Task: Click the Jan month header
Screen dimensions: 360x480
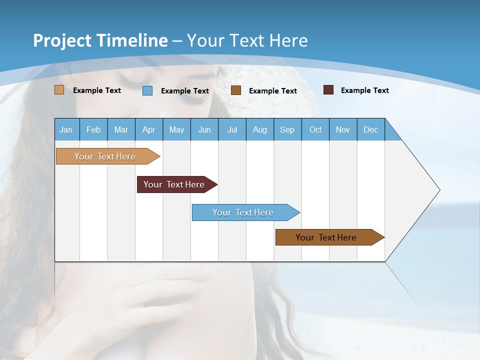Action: point(66,129)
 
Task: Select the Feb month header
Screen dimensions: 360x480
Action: point(93,129)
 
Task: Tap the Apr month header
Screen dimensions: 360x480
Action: point(148,129)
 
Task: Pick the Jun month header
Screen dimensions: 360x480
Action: point(204,129)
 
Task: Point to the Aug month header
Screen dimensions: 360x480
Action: point(259,129)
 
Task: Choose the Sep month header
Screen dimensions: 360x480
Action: point(287,129)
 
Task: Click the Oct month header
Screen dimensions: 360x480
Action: point(315,129)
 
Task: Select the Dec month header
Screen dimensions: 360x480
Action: point(370,129)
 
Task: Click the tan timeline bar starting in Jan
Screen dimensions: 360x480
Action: point(105,156)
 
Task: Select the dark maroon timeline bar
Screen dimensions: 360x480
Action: point(174,184)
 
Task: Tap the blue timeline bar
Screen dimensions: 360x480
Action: point(243,212)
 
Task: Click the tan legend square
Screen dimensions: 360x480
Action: point(59,90)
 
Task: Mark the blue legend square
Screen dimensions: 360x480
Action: point(147,90)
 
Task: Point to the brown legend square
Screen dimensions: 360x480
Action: point(236,90)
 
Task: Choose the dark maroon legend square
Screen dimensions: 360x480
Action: point(328,90)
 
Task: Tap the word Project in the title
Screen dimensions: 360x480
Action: point(62,40)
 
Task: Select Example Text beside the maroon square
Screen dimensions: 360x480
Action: point(364,90)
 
